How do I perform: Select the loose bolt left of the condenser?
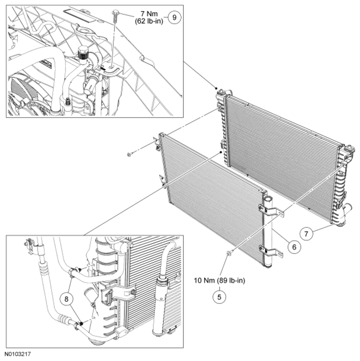coord(129,155)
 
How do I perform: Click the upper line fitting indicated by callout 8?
coord(74,271)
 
